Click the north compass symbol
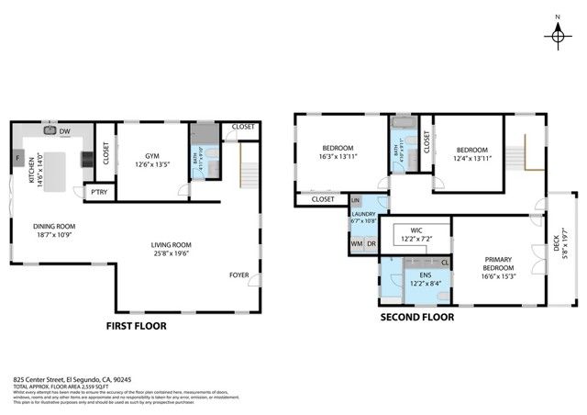[x=558, y=34]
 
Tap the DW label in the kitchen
[x=65, y=132]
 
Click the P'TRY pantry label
[x=96, y=193]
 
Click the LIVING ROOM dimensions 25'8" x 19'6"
[x=177, y=254]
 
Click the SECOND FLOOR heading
[x=417, y=319]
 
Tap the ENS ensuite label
[x=425, y=275]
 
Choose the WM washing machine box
[x=356, y=244]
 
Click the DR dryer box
[x=371, y=244]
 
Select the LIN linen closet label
[x=356, y=200]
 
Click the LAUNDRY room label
[x=363, y=213]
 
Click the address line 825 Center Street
[x=72, y=378]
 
